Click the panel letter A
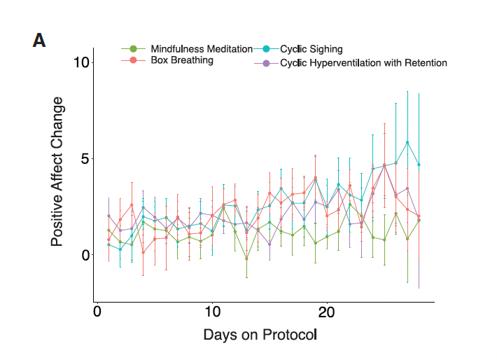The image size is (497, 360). coord(39,41)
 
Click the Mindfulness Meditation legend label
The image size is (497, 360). coord(202,49)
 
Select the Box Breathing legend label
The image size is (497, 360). coord(182,60)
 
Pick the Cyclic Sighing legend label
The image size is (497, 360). coord(311,49)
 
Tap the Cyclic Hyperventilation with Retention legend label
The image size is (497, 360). coord(363,63)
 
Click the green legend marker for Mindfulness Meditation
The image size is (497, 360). coord(133,49)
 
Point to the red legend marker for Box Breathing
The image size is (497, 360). coord(133,60)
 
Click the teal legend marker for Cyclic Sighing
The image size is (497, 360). coord(267,49)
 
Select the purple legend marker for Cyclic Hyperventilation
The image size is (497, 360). coord(267,63)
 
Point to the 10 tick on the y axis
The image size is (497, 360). coord(83,62)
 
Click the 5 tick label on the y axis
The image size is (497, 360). coord(86,158)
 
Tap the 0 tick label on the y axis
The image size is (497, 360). coord(86,254)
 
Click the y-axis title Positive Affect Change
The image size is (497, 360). coord(57,172)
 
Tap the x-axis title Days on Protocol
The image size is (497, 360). coord(260,335)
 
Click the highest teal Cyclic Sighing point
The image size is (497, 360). coord(407,143)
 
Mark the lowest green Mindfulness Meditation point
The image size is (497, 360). coord(246,258)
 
